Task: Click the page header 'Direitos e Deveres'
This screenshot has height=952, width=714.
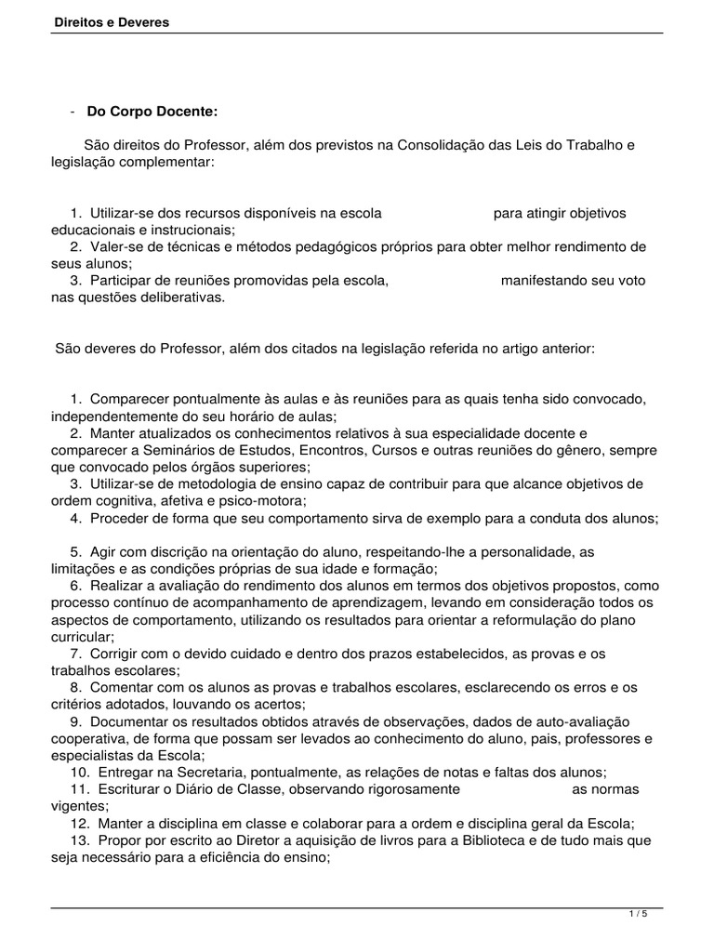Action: click(x=111, y=21)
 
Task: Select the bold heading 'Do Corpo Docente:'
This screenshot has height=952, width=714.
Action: click(x=152, y=111)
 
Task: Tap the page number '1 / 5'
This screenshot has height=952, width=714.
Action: click(x=638, y=914)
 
